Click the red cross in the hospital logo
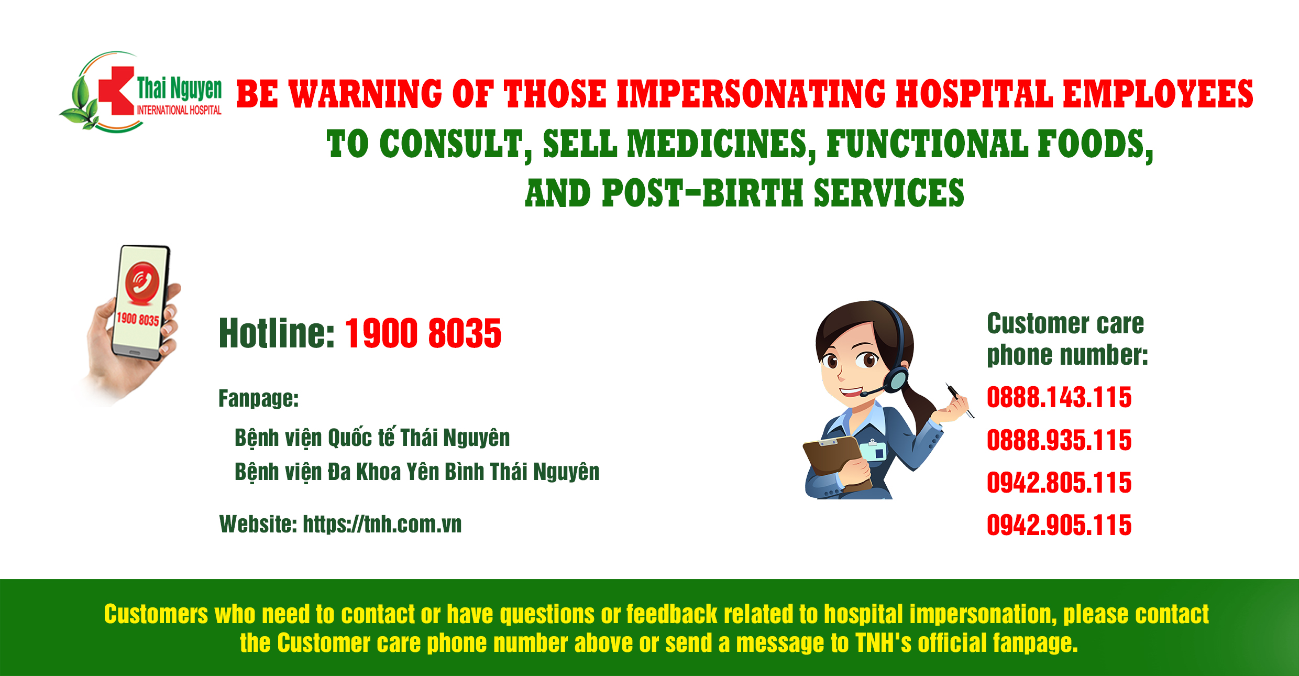click(x=116, y=91)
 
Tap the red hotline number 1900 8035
click(x=423, y=333)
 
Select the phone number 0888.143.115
click(x=1059, y=397)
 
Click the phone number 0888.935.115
click(x=1059, y=440)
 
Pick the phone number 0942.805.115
click(x=1059, y=483)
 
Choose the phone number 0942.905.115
click(x=1059, y=525)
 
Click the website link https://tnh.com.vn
click(x=382, y=524)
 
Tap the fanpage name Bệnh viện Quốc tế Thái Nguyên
click(x=372, y=438)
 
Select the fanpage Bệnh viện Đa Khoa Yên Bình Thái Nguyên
click(x=417, y=472)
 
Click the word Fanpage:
click(x=259, y=398)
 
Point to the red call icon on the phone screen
click(x=142, y=284)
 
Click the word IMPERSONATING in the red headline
click(x=751, y=94)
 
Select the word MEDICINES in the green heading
click(x=721, y=144)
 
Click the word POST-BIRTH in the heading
click(x=703, y=193)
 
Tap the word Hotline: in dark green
click(x=277, y=333)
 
